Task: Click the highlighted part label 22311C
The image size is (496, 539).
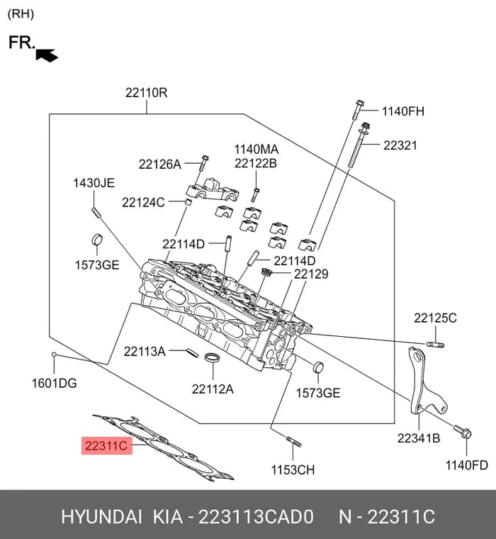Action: click(x=106, y=446)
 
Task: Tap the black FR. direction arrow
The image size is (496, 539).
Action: click(x=47, y=55)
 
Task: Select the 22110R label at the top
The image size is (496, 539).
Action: click(x=147, y=93)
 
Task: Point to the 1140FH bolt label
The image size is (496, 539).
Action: click(x=403, y=111)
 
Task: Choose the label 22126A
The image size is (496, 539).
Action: click(x=159, y=165)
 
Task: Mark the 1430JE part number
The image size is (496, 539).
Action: click(x=94, y=183)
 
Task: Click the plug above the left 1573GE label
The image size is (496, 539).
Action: click(x=97, y=240)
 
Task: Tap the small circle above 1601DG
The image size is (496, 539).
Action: click(x=54, y=355)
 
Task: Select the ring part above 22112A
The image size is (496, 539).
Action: click(x=213, y=357)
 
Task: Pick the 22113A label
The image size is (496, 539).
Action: click(x=145, y=351)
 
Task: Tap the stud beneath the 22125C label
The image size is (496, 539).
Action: click(x=436, y=344)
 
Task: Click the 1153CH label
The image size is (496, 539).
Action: click(x=293, y=470)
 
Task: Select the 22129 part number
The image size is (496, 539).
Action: click(x=311, y=274)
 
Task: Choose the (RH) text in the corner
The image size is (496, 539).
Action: click(x=21, y=14)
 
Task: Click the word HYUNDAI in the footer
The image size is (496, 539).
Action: click(x=101, y=516)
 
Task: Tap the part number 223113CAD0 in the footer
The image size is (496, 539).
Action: click(x=257, y=516)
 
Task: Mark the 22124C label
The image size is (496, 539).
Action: click(x=143, y=202)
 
